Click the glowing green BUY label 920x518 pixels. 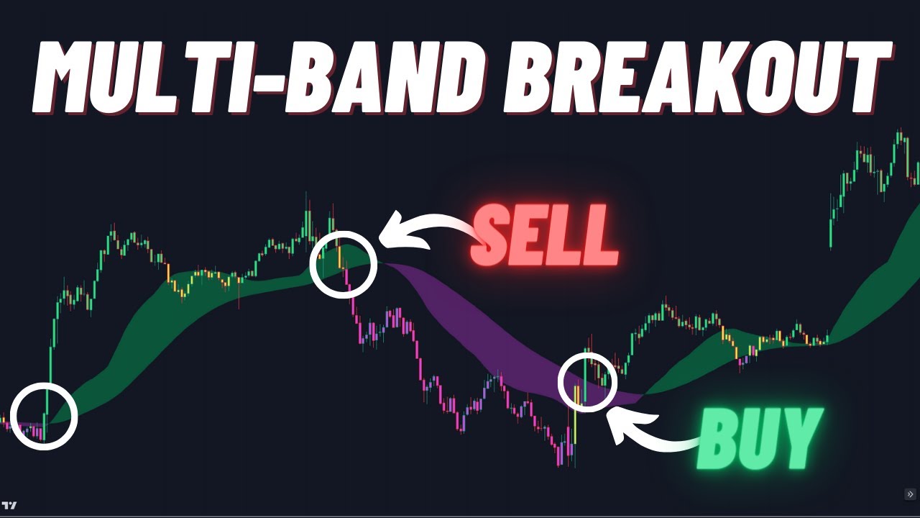[x=759, y=439]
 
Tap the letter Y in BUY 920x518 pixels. [x=799, y=439]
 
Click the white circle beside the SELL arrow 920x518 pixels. [x=344, y=264]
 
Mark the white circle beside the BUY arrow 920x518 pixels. [x=588, y=382]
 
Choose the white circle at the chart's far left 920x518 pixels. [x=45, y=417]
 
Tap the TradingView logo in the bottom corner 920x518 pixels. [x=10, y=505]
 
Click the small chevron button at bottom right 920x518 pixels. [x=910, y=494]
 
